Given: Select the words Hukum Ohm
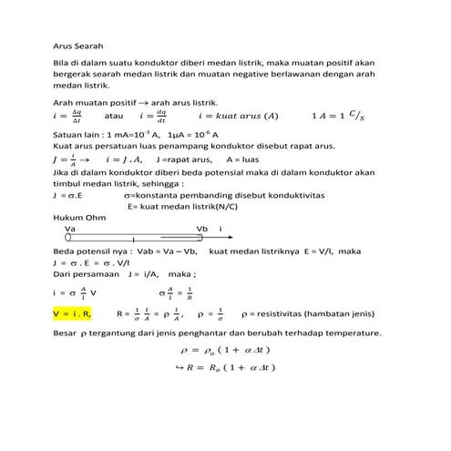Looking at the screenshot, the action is click(x=74, y=218).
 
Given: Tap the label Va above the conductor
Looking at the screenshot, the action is click(x=69, y=229).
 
